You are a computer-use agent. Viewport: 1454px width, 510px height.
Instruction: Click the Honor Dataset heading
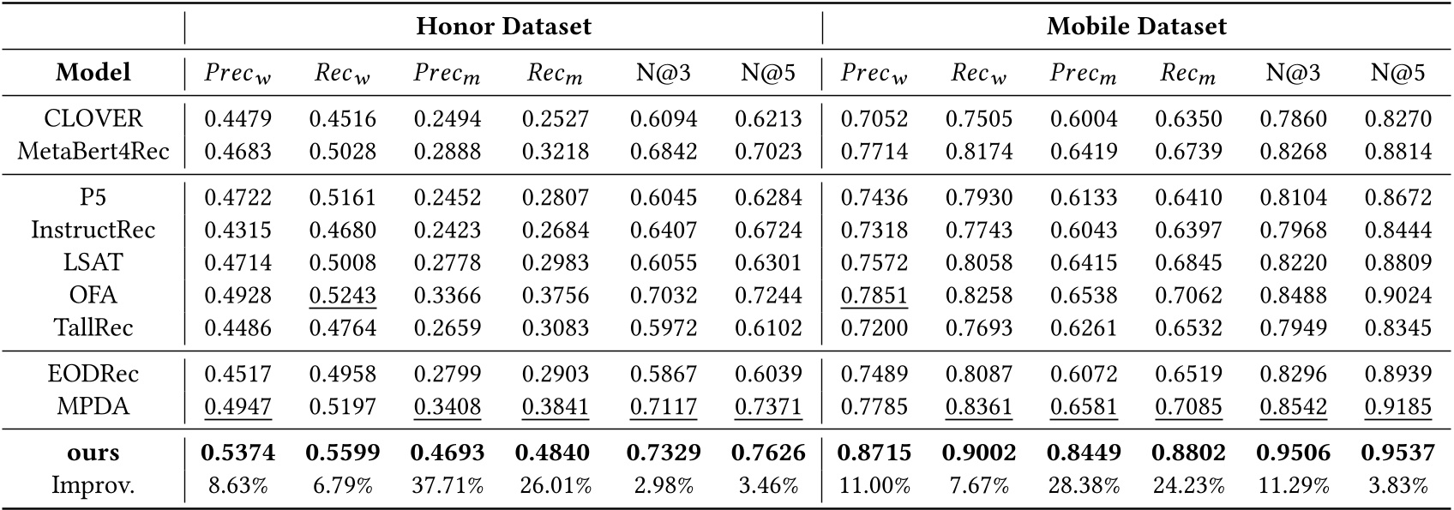[x=503, y=27]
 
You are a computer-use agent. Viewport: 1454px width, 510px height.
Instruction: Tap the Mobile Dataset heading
[x=1136, y=27]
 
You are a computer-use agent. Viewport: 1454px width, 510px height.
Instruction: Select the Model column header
[x=93, y=73]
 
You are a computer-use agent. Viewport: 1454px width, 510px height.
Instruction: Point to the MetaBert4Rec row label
[x=93, y=152]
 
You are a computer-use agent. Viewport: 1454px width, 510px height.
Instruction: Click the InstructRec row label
[x=93, y=230]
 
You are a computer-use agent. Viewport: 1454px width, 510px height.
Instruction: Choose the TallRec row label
[x=93, y=327]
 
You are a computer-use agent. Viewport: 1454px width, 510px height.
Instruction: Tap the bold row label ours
[x=93, y=453]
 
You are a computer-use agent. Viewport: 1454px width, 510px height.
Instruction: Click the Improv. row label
[x=93, y=485]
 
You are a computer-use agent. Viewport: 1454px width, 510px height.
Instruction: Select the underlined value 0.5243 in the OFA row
[x=342, y=295]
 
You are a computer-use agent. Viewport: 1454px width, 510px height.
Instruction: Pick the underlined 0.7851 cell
[x=874, y=295]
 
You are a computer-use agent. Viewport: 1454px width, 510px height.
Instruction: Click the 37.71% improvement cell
[x=448, y=486]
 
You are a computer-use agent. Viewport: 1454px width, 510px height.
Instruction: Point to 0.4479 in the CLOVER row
[x=237, y=119]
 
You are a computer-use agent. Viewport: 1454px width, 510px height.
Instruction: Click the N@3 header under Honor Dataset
[x=663, y=74]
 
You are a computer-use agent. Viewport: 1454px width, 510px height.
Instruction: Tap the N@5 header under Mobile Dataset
[x=1397, y=74]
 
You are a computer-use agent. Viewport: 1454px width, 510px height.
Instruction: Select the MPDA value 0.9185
[x=1397, y=406]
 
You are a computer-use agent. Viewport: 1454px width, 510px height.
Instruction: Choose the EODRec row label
[x=93, y=374]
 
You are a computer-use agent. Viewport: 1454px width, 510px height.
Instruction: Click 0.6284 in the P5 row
[x=768, y=197]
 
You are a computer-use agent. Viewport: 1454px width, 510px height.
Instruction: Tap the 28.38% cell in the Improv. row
[x=1084, y=486]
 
